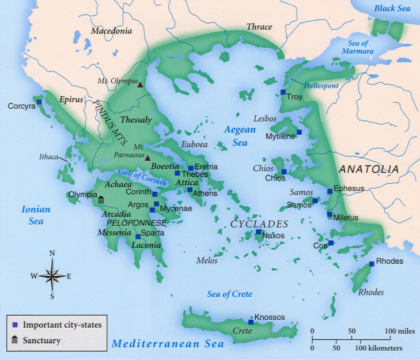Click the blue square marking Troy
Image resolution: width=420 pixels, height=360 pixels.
point(283,92)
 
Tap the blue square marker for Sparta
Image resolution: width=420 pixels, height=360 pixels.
point(138,237)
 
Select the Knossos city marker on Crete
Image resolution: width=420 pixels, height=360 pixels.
point(251,322)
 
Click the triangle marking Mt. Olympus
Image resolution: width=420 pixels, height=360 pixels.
point(140,85)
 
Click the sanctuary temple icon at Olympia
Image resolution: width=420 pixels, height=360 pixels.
point(101,200)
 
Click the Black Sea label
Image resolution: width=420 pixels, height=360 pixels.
point(392,9)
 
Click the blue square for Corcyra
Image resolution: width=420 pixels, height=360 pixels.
point(39,102)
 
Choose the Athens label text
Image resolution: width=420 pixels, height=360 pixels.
point(205,193)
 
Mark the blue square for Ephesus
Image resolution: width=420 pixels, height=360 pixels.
point(330,191)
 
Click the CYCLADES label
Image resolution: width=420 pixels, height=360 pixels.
point(259,223)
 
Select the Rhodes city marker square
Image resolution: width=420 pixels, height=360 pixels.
point(372,264)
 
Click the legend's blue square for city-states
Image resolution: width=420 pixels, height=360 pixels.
point(16,325)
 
